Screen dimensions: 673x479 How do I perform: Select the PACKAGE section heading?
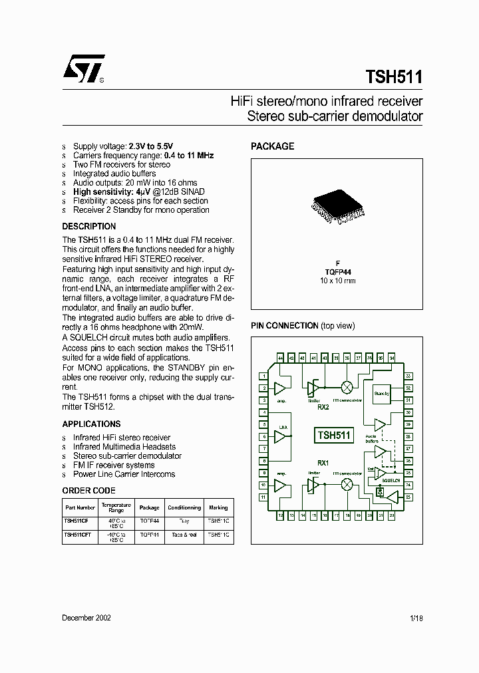(x=272, y=146)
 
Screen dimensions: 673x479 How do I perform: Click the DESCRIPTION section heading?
(x=89, y=226)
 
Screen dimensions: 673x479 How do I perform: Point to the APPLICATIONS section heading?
(x=91, y=424)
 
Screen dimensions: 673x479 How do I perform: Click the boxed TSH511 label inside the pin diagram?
(x=334, y=436)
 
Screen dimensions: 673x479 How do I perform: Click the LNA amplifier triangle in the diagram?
(x=282, y=436)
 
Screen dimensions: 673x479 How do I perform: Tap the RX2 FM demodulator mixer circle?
(x=347, y=387)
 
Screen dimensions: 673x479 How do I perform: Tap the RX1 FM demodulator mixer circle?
(x=347, y=485)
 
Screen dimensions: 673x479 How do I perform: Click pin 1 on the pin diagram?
(x=264, y=376)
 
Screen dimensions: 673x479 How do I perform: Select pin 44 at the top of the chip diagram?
(x=280, y=358)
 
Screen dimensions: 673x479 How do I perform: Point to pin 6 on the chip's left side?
(x=264, y=437)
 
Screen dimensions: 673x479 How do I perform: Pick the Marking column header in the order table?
(x=218, y=507)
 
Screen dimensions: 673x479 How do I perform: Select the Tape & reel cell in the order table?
(x=184, y=534)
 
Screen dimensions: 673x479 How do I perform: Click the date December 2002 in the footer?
(x=86, y=618)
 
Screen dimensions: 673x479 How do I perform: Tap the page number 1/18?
(x=416, y=618)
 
